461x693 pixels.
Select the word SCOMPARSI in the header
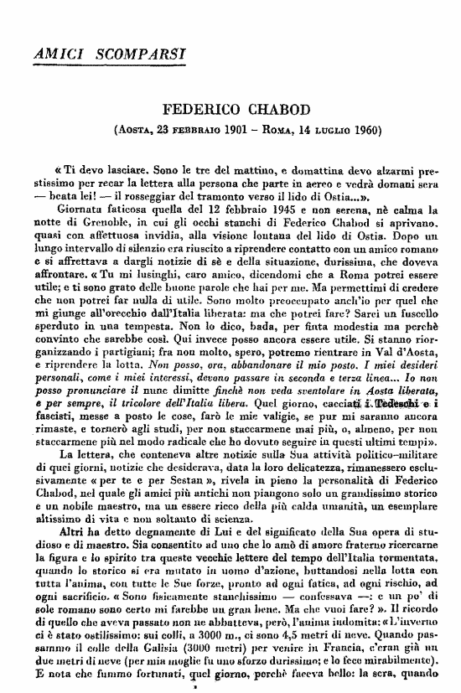pyautogui.click(x=134, y=54)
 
